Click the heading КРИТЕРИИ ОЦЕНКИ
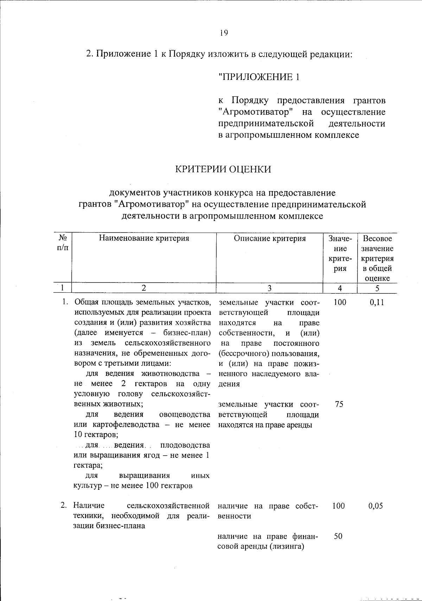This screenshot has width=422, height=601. point(224,169)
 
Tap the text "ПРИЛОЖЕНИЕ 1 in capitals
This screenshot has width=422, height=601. point(259,77)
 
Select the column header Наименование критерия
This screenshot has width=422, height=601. point(144,239)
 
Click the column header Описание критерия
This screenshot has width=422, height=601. point(270,239)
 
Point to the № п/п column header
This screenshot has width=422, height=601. point(62,243)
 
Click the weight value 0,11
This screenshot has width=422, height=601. point(377,302)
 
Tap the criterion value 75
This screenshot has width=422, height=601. point(339,404)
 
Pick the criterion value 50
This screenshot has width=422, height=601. point(338,537)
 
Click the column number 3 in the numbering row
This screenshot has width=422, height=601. point(269,288)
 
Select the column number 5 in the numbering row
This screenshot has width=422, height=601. point(377,288)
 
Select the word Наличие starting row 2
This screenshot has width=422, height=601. point(89,506)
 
